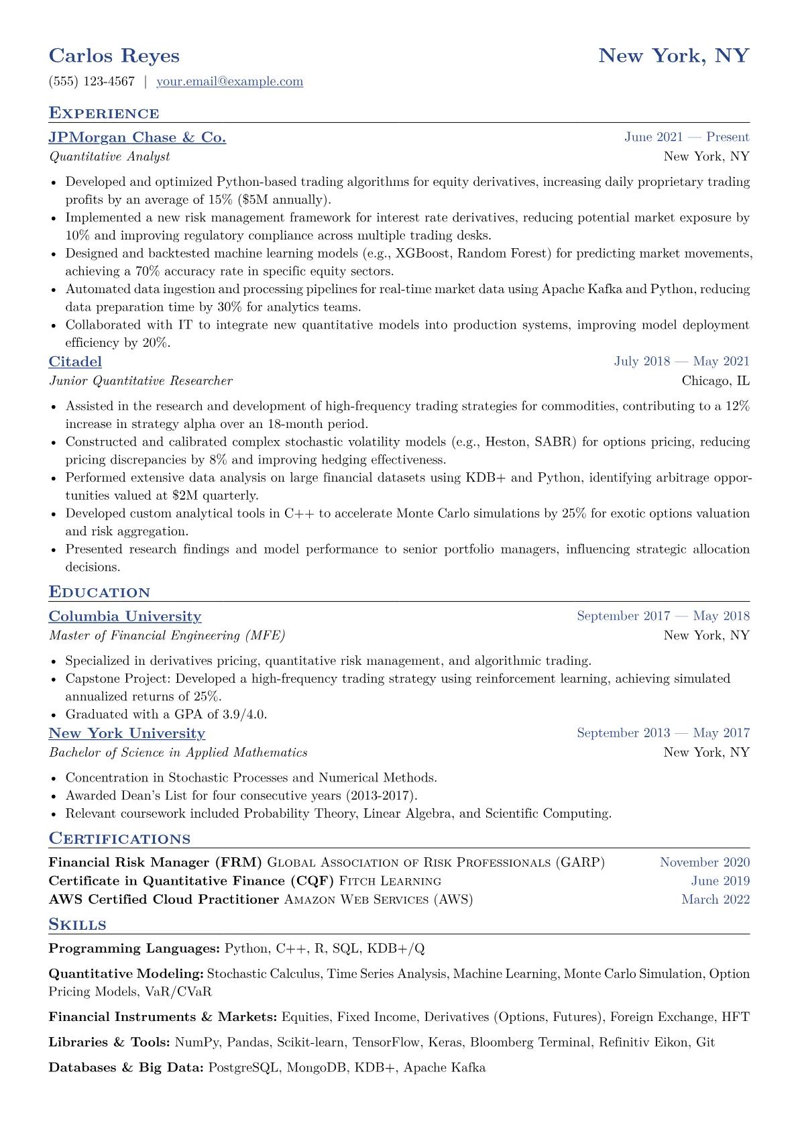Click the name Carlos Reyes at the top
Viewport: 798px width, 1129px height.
(114, 56)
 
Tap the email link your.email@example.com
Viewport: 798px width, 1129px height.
(229, 82)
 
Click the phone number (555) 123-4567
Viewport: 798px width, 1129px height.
(92, 82)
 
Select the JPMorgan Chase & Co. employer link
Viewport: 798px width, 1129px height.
(137, 138)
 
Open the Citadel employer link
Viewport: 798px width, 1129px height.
(75, 362)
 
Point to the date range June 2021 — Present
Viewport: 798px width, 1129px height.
(686, 138)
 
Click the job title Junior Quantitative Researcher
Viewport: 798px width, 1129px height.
(141, 381)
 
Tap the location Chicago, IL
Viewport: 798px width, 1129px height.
(715, 381)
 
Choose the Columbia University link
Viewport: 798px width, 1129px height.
(125, 616)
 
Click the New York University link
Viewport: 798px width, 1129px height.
(127, 733)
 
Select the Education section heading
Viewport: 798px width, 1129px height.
(99, 592)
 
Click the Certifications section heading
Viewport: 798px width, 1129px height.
(119, 839)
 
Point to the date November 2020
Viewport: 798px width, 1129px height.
(704, 863)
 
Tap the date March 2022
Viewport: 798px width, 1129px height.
(715, 900)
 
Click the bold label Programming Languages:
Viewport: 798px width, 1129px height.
(134, 949)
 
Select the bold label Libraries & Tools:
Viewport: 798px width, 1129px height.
(109, 1042)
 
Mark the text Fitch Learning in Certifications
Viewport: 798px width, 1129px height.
(390, 881)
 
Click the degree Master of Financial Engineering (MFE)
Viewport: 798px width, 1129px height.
(167, 636)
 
